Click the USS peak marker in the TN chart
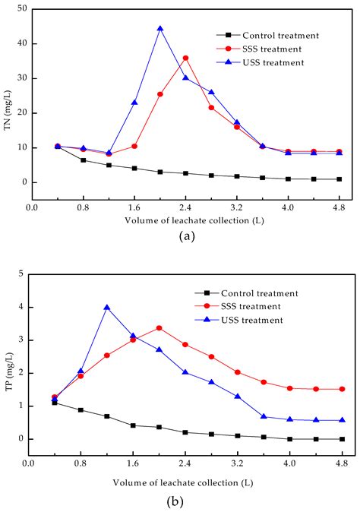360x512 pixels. click(x=160, y=29)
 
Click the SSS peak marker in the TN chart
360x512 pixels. click(x=185, y=58)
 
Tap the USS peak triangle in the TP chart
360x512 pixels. click(x=107, y=308)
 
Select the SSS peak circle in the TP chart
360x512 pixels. click(x=159, y=328)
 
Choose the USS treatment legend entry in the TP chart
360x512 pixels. click(x=258, y=320)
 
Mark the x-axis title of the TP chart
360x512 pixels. click(x=183, y=482)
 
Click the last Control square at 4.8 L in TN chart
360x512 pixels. click(x=339, y=179)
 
